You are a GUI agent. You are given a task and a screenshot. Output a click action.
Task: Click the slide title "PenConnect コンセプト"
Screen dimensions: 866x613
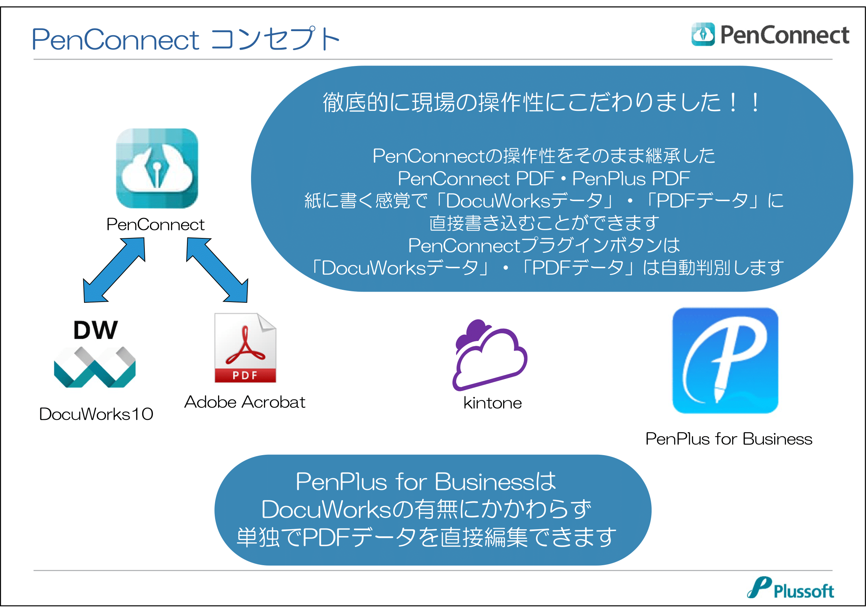pyautogui.click(x=185, y=39)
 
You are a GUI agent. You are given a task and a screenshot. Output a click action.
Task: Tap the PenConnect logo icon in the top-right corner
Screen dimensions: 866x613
pyautogui.click(x=703, y=34)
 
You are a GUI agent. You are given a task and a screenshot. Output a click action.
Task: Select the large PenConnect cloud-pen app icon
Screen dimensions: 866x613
pyautogui.click(x=157, y=168)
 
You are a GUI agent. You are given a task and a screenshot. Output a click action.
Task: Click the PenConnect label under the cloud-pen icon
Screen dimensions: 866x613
pyautogui.click(x=156, y=225)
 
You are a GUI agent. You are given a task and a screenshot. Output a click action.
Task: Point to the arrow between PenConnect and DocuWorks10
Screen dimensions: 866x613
pyautogui.click(x=114, y=270)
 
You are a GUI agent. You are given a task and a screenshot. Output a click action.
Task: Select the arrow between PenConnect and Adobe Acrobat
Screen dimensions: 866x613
pyautogui.click(x=217, y=270)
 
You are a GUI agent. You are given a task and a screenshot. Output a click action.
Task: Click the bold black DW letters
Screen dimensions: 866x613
pyautogui.click(x=96, y=330)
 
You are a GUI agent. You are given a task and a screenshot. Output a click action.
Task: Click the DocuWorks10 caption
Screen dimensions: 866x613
pyautogui.click(x=96, y=414)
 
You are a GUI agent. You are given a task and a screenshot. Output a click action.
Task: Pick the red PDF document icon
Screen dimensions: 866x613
pyautogui.click(x=245, y=348)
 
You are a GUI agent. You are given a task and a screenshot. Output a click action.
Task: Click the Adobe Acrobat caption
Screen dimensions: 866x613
pyautogui.click(x=245, y=402)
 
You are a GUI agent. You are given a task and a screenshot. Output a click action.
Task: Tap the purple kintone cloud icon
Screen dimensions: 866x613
pyautogui.click(x=489, y=355)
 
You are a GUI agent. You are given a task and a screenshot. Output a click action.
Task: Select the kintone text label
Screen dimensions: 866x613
pyautogui.click(x=492, y=403)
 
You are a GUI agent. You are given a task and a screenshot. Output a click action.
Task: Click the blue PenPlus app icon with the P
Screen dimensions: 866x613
pyautogui.click(x=725, y=361)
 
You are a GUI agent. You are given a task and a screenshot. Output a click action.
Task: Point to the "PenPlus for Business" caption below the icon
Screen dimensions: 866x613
pyautogui.click(x=729, y=439)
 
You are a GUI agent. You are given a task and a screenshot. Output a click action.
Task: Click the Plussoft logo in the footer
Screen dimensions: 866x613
pyautogui.click(x=790, y=588)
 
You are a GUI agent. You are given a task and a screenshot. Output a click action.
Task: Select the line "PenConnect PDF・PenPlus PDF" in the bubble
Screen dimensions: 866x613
pyautogui.click(x=544, y=179)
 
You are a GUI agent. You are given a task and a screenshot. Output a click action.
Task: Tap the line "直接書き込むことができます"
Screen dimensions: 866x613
pyautogui.click(x=544, y=223)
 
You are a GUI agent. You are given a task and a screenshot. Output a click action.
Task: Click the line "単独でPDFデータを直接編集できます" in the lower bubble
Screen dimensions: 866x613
pyautogui.click(x=426, y=537)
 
